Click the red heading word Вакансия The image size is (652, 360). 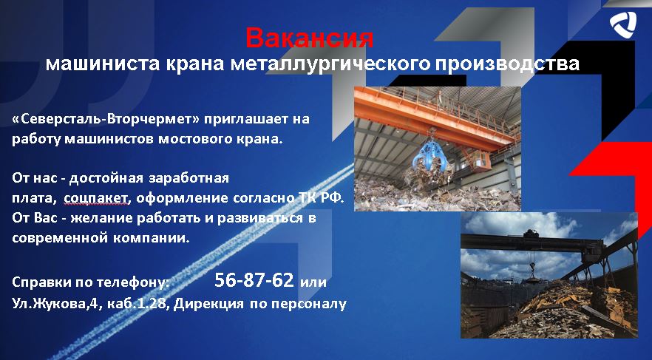click(x=309, y=38)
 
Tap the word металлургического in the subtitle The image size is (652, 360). click(x=330, y=64)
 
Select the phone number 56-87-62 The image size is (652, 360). click(x=254, y=280)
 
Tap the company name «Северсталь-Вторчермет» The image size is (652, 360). click(x=106, y=119)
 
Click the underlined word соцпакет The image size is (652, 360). click(x=95, y=198)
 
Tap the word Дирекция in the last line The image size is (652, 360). click(x=208, y=304)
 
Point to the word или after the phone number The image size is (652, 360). click(x=313, y=282)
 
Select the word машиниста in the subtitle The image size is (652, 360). click(x=102, y=64)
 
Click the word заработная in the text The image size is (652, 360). click(x=189, y=178)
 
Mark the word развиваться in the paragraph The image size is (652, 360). click(x=260, y=218)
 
